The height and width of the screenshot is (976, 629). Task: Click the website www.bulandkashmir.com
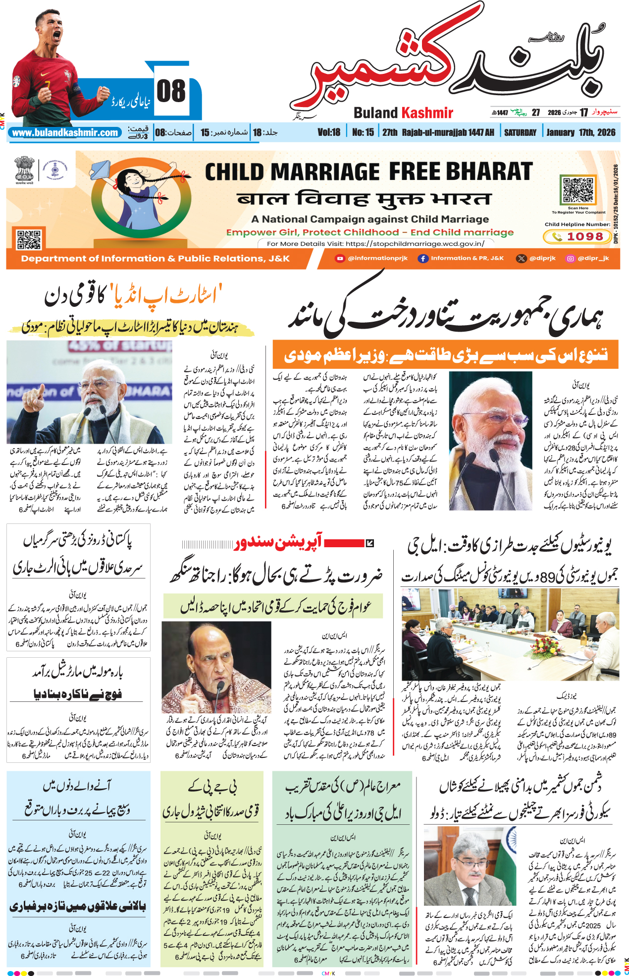[x=65, y=133]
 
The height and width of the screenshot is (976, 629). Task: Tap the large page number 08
[x=171, y=92]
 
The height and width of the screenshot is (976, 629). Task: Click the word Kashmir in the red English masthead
[x=427, y=113]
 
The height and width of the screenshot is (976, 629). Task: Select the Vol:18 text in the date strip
[x=329, y=132]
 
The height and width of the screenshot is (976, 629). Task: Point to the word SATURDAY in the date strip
[x=520, y=132]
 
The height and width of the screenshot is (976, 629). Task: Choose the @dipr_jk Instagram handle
[x=593, y=258]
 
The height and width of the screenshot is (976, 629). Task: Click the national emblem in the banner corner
[x=23, y=169]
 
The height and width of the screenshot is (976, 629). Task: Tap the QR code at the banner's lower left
[x=29, y=239]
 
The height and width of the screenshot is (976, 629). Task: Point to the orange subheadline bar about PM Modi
[x=445, y=355]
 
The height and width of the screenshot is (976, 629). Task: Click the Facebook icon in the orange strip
[x=422, y=258]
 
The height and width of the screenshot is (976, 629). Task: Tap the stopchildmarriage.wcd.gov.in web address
[x=415, y=243]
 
